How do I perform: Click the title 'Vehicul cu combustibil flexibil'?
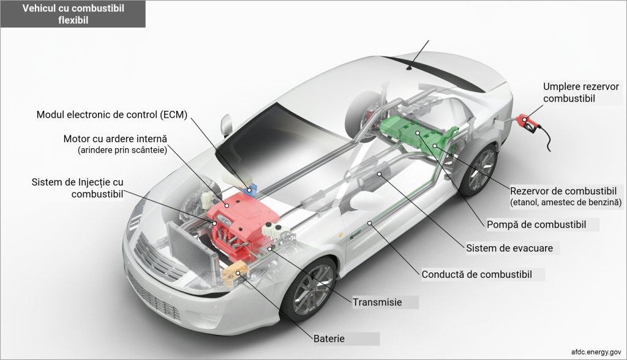pyautogui.click(x=73, y=13)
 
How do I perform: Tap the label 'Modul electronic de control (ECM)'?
pyautogui.click(x=111, y=114)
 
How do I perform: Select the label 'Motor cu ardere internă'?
pyautogui.click(x=115, y=139)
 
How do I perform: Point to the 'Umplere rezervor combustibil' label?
pyautogui.click(x=581, y=92)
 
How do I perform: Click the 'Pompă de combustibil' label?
pyautogui.click(x=536, y=225)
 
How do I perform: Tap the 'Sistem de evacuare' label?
pyautogui.click(x=509, y=249)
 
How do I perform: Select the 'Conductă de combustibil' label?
pyautogui.click(x=476, y=274)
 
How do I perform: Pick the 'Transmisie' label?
pyautogui.click(x=377, y=302)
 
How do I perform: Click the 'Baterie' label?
pyautogui.click(x=329, y=339)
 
